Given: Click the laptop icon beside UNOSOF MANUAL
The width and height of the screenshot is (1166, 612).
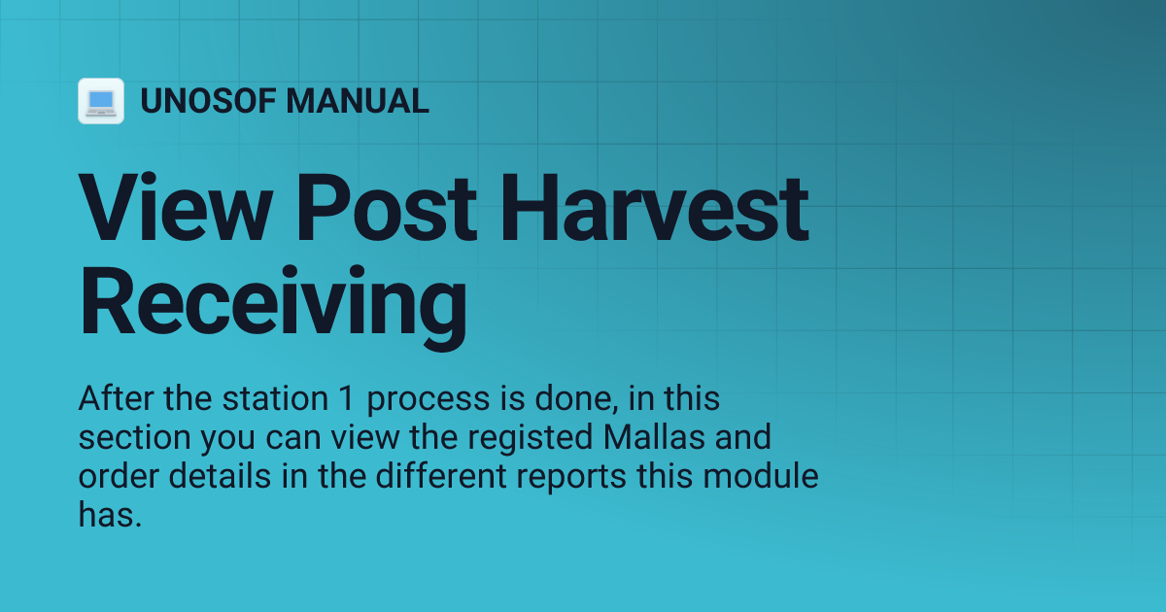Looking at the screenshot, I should click(101, 101).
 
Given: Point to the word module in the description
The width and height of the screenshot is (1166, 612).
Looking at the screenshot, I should click(762, 477).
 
